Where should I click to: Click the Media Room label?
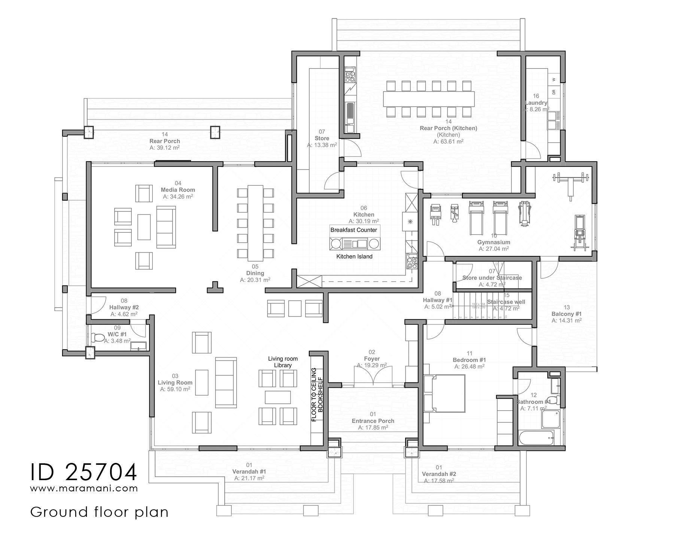click(x=178, y=190)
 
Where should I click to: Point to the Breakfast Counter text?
click(x=353, y=230)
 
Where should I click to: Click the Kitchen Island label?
click(x=354, y=256)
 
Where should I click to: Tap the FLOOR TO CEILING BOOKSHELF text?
click(x=317, y=394)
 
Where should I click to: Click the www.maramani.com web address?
click(x=84, y=488)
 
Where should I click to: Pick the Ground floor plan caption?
click(x=99, y=512)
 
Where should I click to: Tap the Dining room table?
click(x=255, y=223)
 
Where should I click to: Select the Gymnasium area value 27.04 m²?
click(x=494, y=248)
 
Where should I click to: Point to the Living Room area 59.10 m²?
click(x=175, y=389)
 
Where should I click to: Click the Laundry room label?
click(x=536, y=103)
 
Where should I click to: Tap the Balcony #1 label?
click(x=566, y=314)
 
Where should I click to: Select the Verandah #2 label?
click(x=439, y=474)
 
